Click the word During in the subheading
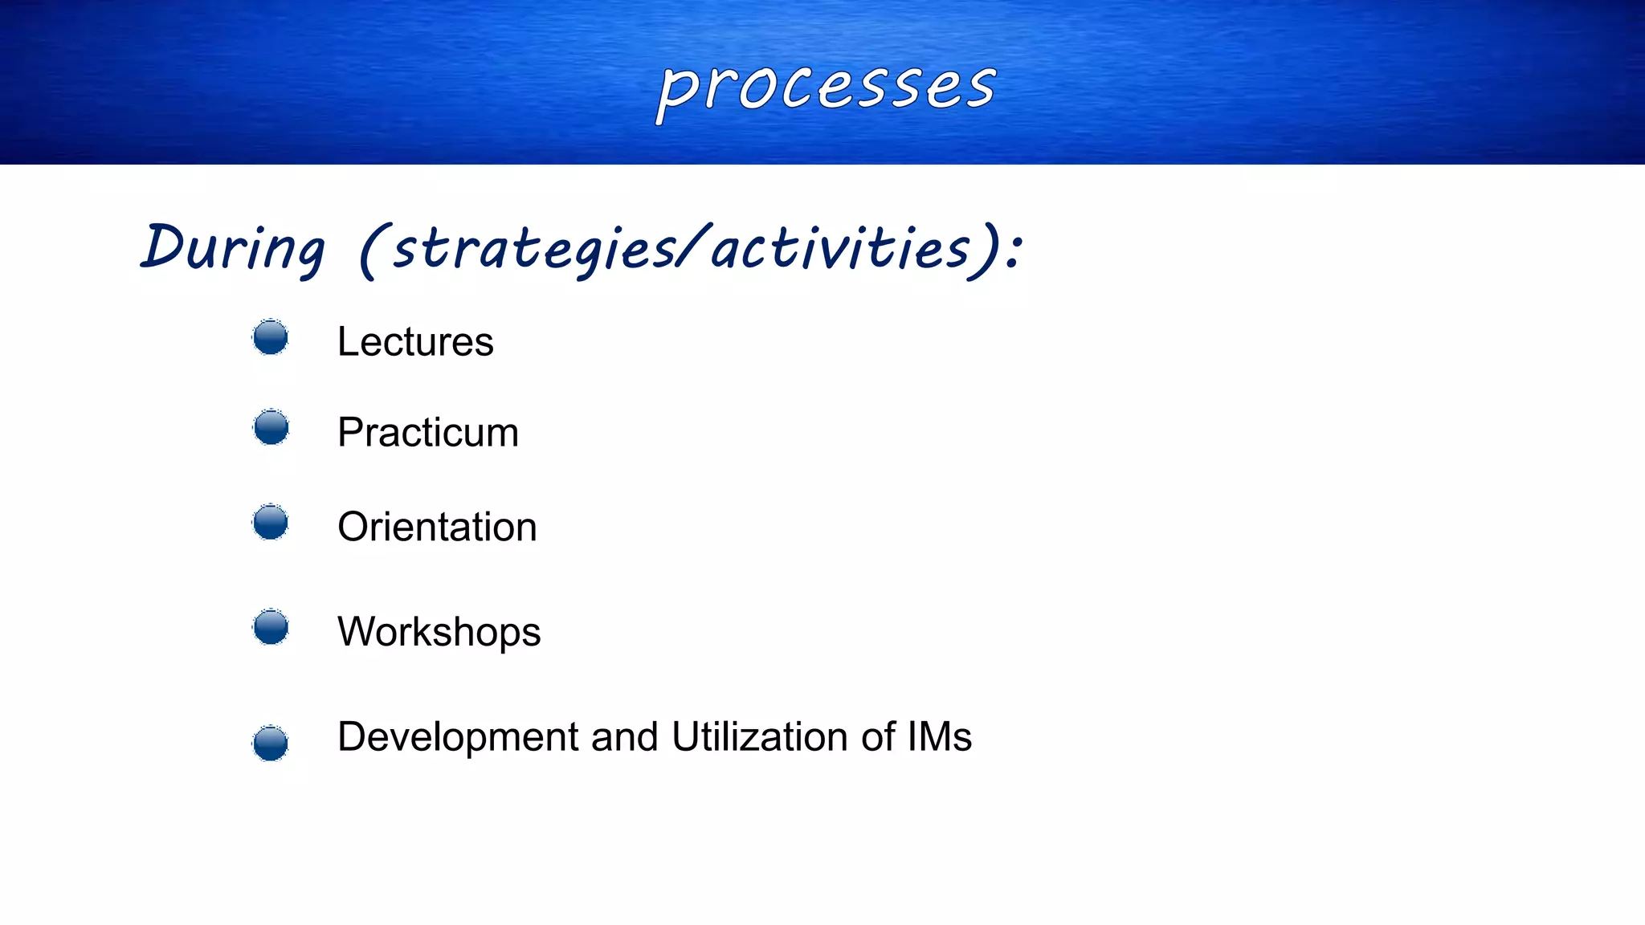tap(233, 248)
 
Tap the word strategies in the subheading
tap(534, 250)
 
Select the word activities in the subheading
tap(839, 248)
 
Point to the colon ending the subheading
tap(1014, 251)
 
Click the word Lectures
tap(414, 342)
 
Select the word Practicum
tap(427, 433)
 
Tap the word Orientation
tap(436, 528)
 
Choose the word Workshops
tap(439, 632)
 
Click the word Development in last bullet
tap(457, 737)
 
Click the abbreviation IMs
tap(939, 737)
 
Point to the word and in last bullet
tap(624, 737)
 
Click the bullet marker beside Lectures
tap(271, 337)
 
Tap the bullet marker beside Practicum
tap(271, 427)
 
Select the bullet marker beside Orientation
tap(271, 523)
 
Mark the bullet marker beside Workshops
tap(271, 627)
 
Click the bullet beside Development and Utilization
tap(271, 743)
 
